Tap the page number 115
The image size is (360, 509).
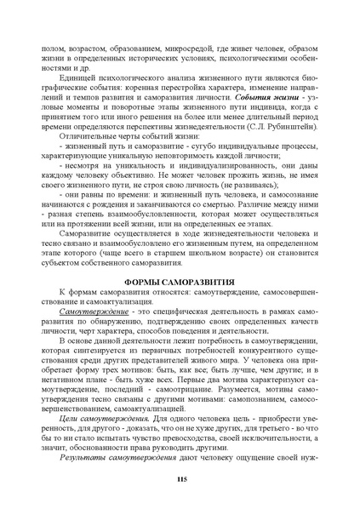click(180, 480)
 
